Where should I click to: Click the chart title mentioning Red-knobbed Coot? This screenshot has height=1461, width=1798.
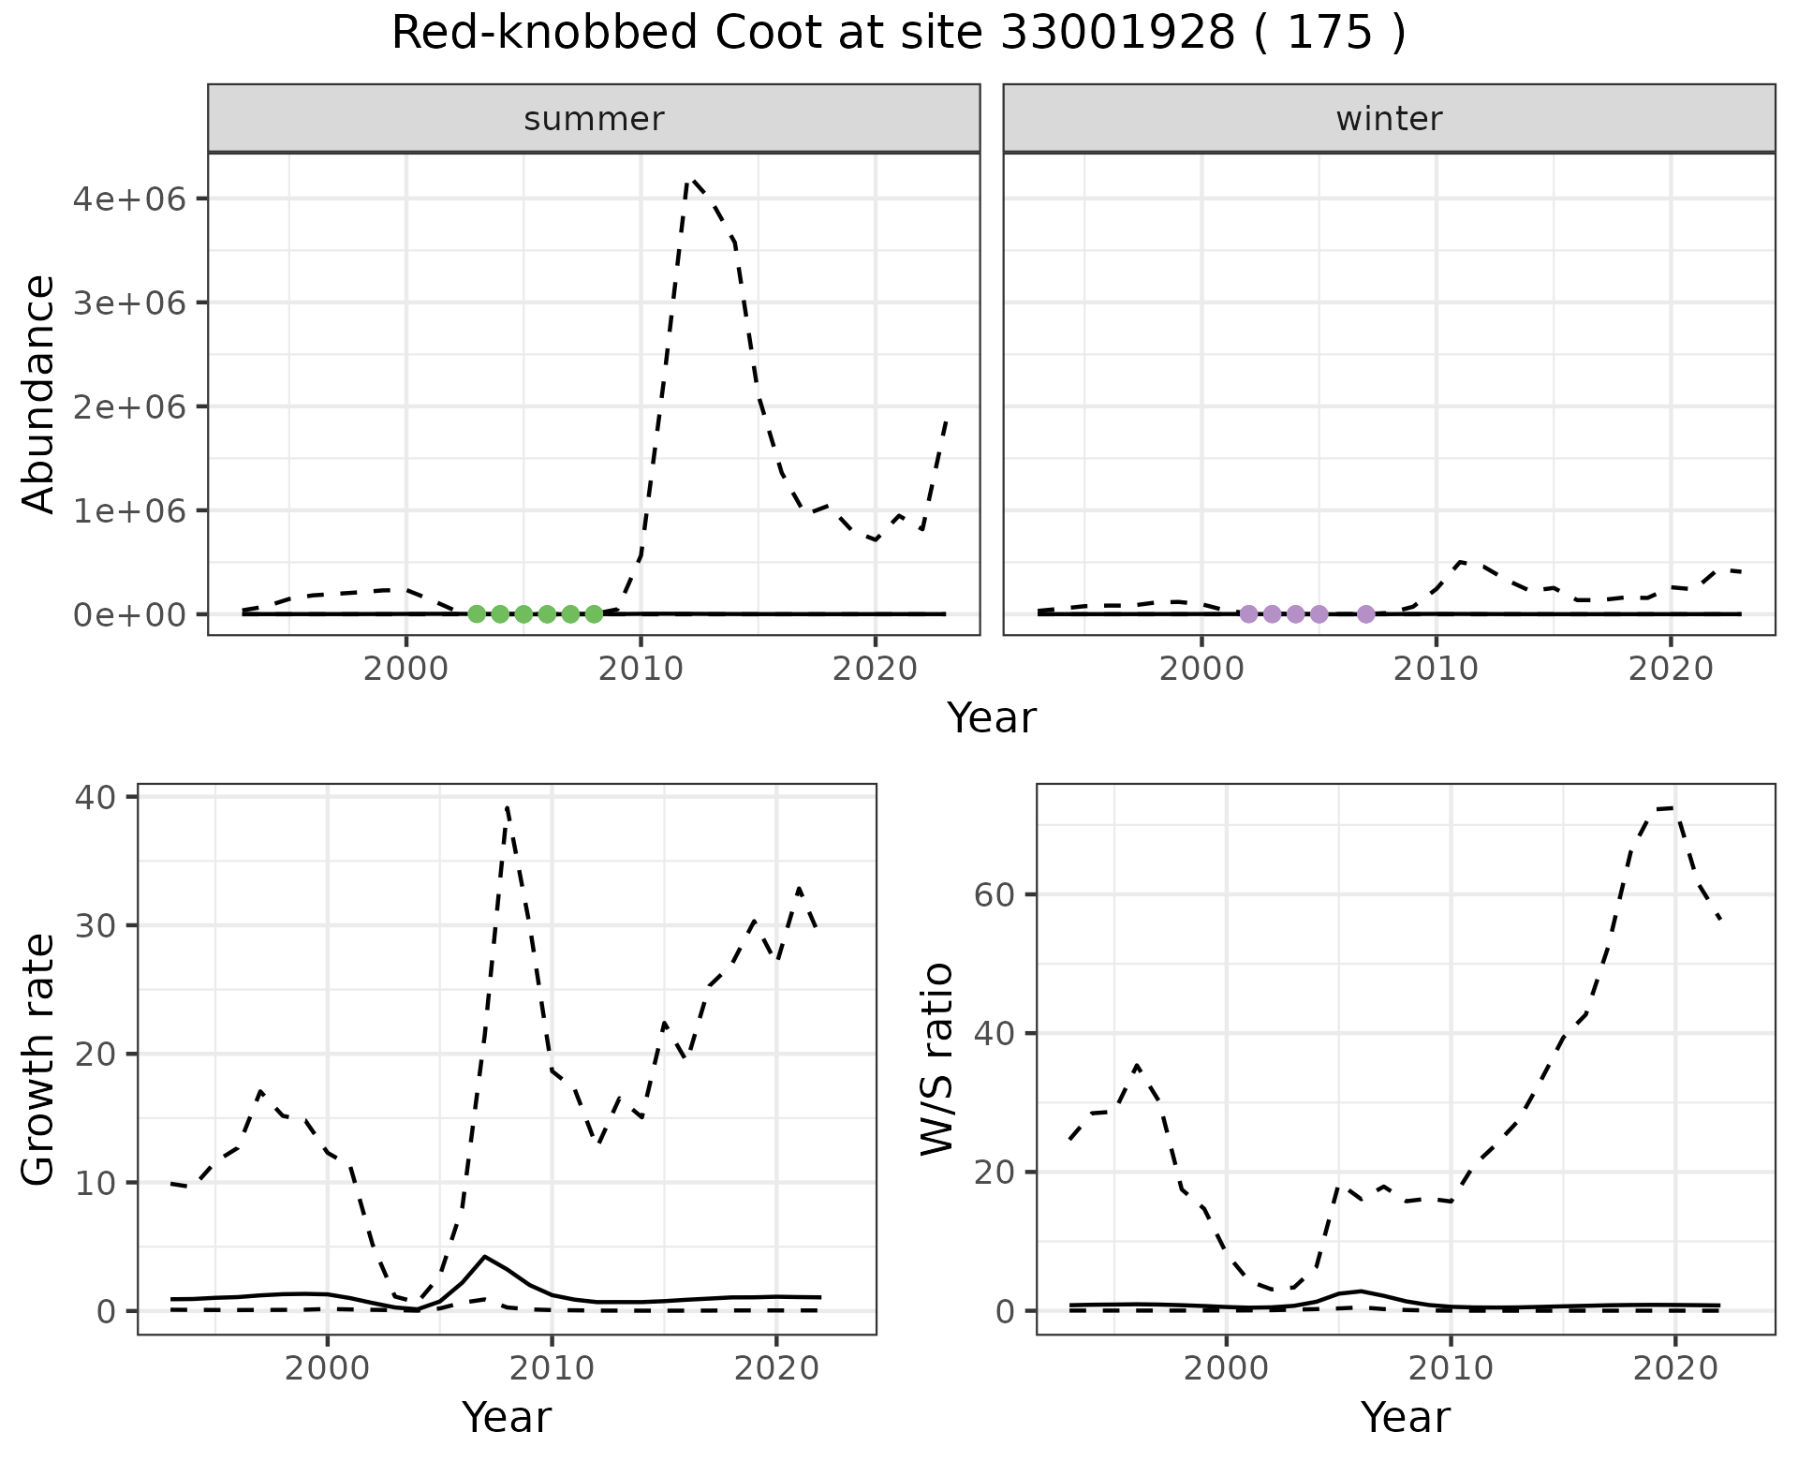pos(898,34)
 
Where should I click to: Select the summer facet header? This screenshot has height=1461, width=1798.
pos(594,119)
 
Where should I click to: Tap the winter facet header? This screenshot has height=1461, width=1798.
pos(1389,119)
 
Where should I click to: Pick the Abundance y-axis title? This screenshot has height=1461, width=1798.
pos(39,393)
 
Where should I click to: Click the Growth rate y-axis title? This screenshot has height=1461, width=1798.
pos(39,1058)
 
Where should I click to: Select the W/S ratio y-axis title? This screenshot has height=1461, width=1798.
pos(937,1058)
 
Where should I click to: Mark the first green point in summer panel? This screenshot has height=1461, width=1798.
pos(477,614)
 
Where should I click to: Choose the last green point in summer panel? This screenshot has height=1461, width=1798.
pos(594,614)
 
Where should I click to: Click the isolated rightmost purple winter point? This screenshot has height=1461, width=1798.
pos(1365,614)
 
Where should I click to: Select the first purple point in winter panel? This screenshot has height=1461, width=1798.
pos(1248,614)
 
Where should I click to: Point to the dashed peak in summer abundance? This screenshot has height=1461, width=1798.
pos(691,180)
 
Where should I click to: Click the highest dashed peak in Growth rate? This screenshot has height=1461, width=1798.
pos(507,805)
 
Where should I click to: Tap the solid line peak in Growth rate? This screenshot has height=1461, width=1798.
pos(484,1256)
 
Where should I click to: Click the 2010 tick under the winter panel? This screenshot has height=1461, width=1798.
pos(1436,669)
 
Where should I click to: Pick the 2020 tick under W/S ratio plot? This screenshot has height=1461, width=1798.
pos(1675,1368)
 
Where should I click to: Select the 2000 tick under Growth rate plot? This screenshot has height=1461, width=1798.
pos(327,1368)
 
